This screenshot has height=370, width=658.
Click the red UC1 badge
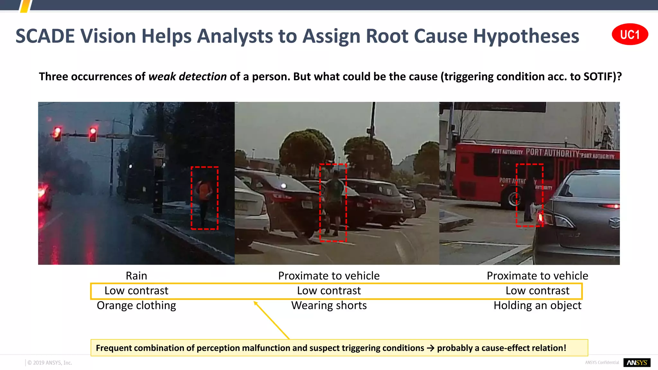630,34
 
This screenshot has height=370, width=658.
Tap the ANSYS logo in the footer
637,363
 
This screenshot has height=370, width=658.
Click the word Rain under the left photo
136,276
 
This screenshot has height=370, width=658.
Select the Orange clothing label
136,305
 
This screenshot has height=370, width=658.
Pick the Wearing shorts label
329,305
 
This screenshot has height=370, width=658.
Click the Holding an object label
537,305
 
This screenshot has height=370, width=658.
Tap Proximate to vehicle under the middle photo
329,276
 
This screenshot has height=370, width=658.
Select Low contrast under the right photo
537,291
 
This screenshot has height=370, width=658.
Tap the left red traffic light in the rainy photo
58,133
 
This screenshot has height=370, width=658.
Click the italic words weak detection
187,77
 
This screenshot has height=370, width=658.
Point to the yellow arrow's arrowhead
255,303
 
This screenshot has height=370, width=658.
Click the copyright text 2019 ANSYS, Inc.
50,363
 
